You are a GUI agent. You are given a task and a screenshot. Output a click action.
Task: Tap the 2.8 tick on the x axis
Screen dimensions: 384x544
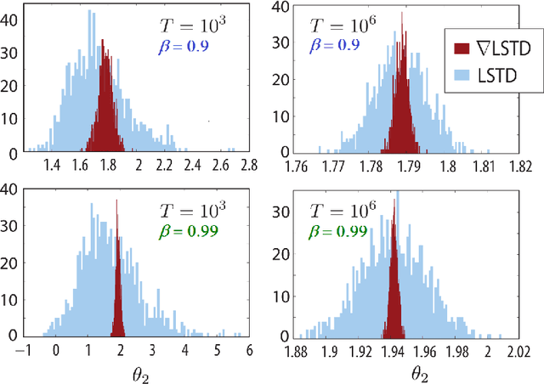249,164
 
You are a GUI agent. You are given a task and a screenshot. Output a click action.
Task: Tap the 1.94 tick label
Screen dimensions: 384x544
394,348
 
